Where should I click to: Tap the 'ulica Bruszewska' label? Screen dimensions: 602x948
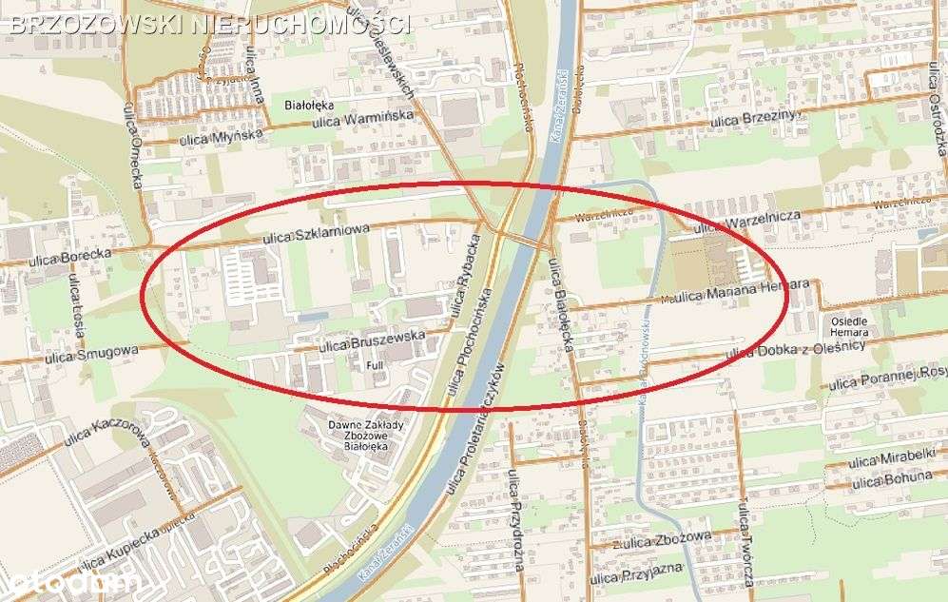[x=372, y=339]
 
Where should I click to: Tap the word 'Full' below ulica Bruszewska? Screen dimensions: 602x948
[x=375, y=364]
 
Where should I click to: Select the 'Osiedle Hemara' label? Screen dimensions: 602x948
[x=849, y=326]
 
